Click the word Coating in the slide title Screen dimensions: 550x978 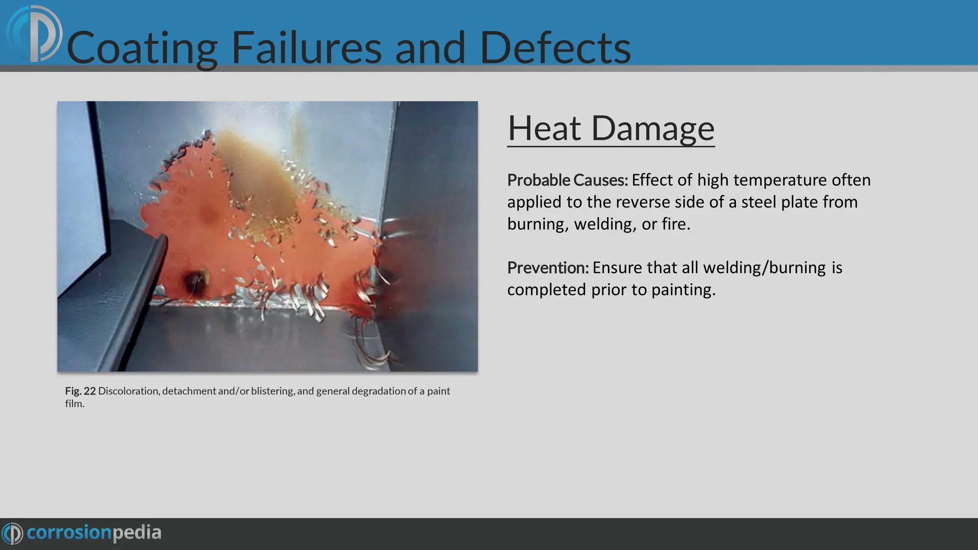(142, 48)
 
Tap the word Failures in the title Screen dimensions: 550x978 (306, 48)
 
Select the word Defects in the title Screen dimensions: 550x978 (555, 48)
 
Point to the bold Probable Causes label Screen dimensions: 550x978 (567, 180)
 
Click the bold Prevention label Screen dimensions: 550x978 (548, 268)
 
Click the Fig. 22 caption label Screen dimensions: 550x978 (80, 391)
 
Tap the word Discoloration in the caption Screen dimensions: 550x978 (128, 391)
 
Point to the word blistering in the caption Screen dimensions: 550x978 (273, 391)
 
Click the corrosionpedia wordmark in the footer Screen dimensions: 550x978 (94, 533)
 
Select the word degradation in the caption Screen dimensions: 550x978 (379, 391)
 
